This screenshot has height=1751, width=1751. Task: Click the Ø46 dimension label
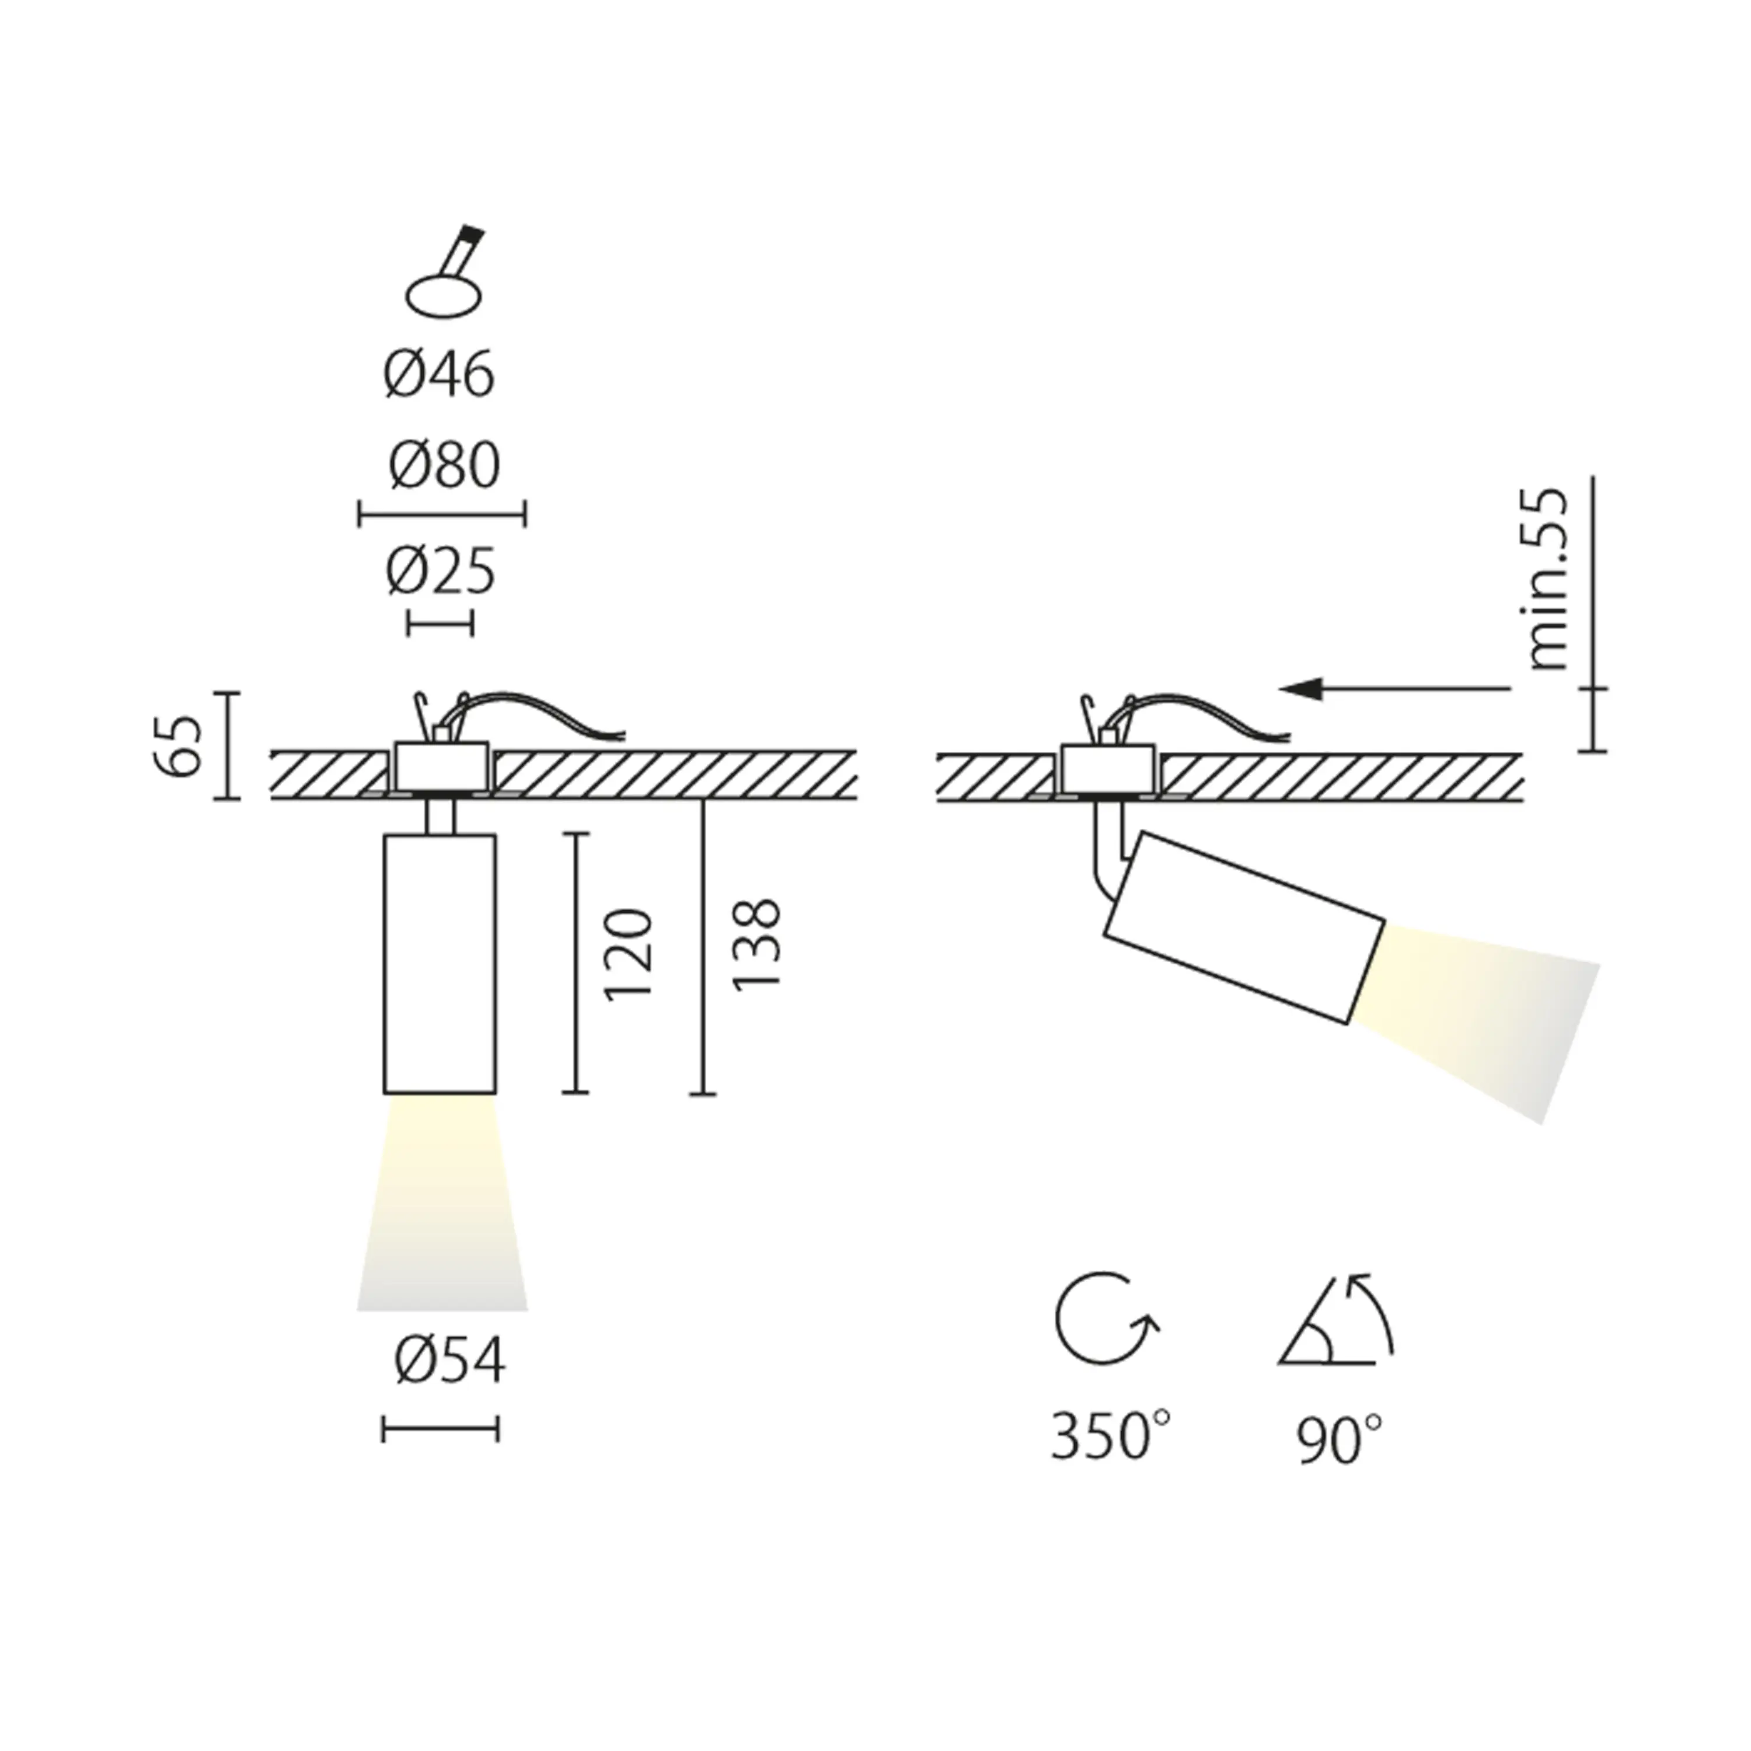coord(440,374)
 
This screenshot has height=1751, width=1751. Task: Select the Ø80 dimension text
coord(444,468)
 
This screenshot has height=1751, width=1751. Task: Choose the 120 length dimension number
coord(627,954)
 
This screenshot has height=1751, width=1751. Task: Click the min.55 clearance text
coord(1547,580)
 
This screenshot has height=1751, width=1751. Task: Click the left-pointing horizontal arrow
coord(1396,690)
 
